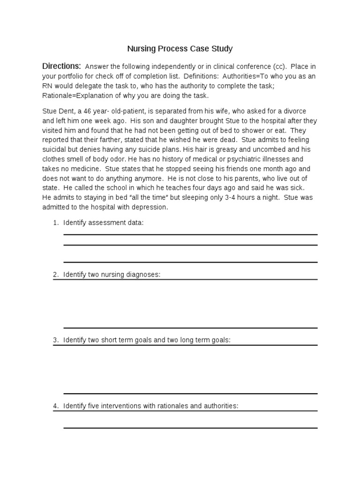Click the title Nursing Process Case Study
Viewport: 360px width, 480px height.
(180, 48)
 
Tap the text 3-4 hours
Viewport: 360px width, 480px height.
(247, 197)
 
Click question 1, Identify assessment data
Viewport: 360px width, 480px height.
(103, 223)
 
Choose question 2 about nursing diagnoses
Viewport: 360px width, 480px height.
(112, 274)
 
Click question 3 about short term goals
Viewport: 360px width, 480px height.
(146, 340)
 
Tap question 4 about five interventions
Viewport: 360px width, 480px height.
(150, 405)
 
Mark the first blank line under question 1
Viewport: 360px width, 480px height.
(190, 234)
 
